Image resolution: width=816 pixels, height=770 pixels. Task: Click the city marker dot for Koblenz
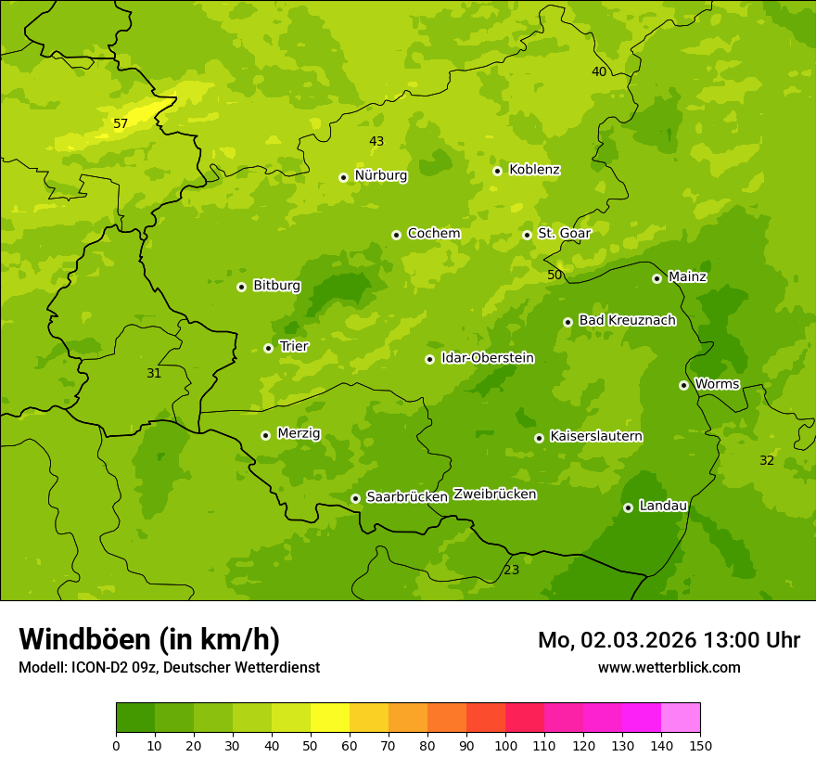498,171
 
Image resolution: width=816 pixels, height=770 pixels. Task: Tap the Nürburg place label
380,175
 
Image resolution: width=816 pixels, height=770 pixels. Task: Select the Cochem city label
434,234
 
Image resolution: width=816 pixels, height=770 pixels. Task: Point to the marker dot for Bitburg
242,287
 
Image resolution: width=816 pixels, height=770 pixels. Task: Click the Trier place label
294,346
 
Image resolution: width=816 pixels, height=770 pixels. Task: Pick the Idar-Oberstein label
488,358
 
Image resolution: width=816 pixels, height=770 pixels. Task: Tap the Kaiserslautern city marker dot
539,438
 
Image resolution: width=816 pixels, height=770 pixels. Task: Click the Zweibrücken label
494,494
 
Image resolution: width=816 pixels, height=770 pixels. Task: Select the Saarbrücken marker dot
355,498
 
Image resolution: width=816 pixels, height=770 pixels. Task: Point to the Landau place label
663,506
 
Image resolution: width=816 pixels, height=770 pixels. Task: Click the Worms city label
717,384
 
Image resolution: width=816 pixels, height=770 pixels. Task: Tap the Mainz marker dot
657,278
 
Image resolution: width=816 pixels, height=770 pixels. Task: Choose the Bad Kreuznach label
627,320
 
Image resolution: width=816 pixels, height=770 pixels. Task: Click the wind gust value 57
121,123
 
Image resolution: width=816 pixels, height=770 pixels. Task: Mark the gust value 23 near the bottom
512,570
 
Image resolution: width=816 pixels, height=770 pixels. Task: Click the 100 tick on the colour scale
505,745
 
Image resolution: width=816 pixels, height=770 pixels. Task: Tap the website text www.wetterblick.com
669,667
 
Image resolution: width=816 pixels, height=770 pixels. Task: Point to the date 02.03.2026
639,640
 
